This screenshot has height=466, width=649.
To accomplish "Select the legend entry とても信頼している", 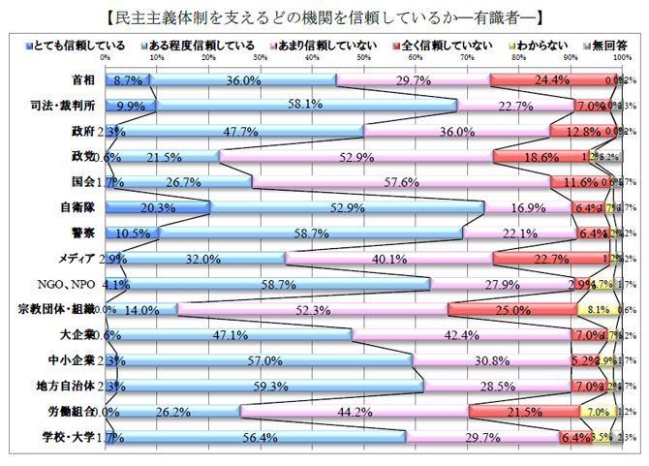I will click(x=65, y=47).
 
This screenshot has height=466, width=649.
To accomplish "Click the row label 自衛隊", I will click(x=77, y=206).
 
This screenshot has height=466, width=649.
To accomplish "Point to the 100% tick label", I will click(x=619, y=57).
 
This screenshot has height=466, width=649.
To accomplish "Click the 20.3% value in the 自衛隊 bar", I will click(x=157, y=206).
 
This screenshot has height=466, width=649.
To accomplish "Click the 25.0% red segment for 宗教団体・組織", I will click(x=511, y=309).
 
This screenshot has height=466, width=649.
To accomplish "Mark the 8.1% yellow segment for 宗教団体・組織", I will click(x=597, y=309).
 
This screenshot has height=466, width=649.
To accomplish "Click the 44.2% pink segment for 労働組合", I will click(x=354, y=412).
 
